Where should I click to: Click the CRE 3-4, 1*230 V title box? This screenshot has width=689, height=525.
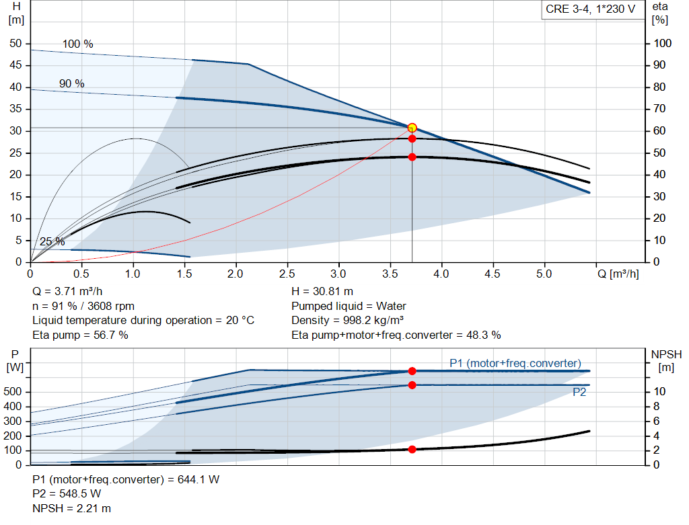tap(590, 10)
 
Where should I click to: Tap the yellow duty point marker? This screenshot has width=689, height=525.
tap(412, 128)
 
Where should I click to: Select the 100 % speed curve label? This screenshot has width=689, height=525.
tap(77, 44)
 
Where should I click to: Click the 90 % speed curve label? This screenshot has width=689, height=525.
tap(71, 84)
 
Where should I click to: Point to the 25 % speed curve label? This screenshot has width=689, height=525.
tap(52, 242)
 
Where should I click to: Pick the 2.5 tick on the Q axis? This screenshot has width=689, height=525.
tap(287, 274)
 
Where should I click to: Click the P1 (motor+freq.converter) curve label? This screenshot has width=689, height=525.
tap(515, 364)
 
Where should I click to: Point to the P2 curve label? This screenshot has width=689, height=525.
tap(579, 393)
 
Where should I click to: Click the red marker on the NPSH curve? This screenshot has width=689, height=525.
tap(412, 449)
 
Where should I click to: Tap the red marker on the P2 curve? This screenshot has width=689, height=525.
tap(412, 385)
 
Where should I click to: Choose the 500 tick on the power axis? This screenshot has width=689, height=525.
tap(15, 392)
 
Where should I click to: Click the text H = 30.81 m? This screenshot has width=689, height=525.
tap(322, 292)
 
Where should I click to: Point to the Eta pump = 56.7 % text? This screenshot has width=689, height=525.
tap(80, 335)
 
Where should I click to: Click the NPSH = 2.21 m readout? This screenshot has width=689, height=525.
tap(72, 508)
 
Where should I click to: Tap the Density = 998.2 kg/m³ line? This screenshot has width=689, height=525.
tap(348, 320)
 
